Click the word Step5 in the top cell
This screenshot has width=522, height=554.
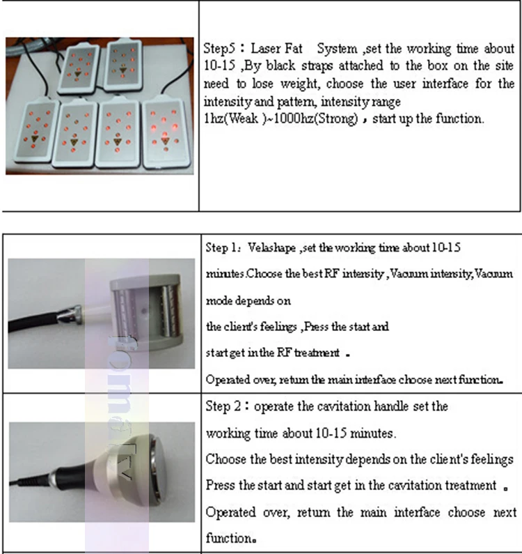click(219, 49)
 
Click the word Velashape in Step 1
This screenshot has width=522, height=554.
click(271, 247)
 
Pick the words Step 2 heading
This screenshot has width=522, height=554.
click(223, 406)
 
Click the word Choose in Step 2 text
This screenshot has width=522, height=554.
click(226, 459)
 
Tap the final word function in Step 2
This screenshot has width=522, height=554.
click(229, 538)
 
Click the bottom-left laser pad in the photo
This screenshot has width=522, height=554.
click(35, 132)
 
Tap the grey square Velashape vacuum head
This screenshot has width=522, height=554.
click(145, 311)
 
